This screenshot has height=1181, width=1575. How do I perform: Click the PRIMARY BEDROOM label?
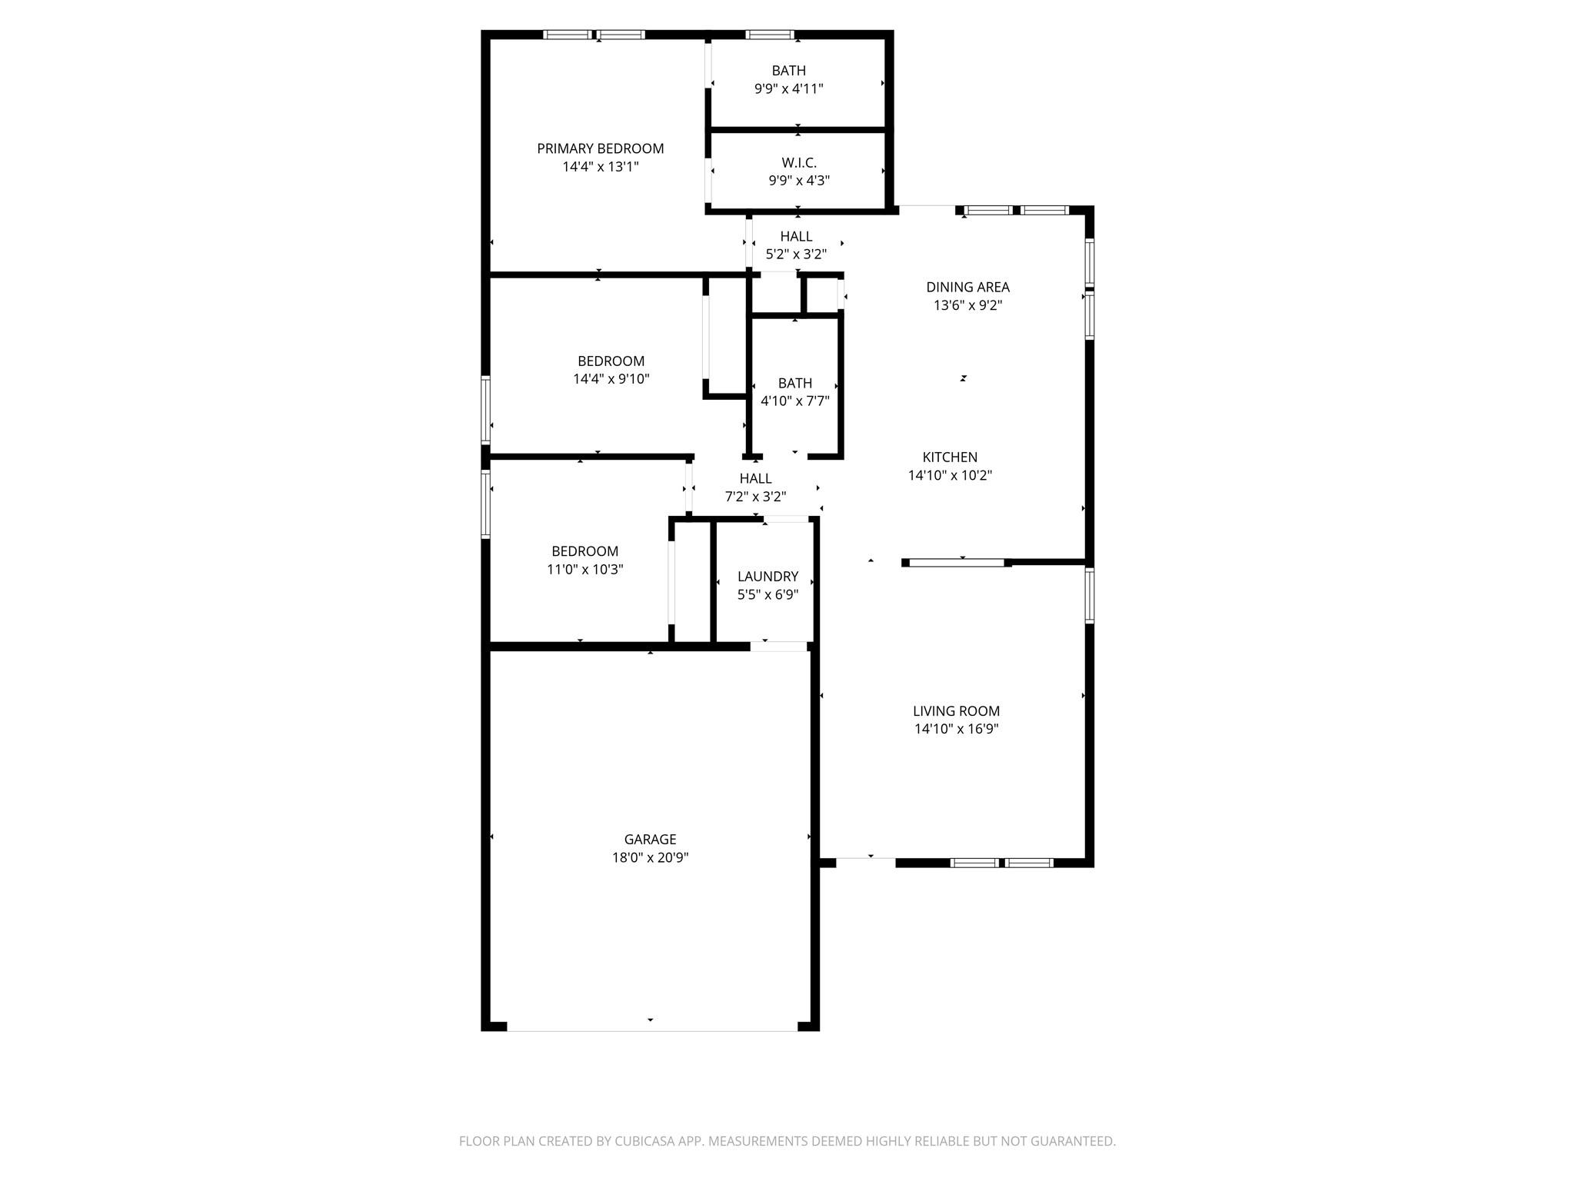click(600, 148)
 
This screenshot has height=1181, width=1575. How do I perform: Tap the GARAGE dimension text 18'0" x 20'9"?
click(650, 857)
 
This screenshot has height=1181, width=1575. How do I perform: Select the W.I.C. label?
click(799, 162)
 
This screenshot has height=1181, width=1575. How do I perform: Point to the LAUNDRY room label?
click(768, 576)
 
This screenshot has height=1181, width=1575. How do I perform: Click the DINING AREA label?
click(967, 287)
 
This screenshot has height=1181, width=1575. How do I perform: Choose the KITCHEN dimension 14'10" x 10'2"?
click(950, 475)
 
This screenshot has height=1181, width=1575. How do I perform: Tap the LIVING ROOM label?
click(956, 711)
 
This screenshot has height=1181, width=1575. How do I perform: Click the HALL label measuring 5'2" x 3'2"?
click(796, 236)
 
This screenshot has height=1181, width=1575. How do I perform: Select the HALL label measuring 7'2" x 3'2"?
click(755, 478)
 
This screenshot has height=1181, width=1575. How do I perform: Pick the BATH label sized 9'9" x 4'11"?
click(788, 71)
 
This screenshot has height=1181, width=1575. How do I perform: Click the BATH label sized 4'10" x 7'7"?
click(794, 383)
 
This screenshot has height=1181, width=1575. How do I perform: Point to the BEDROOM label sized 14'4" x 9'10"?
click(611, 361)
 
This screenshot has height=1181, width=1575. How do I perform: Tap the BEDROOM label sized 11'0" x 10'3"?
click(584, 551)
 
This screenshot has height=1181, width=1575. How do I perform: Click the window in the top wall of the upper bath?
click(770, 35)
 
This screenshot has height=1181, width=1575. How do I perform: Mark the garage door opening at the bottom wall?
click(651, 1028)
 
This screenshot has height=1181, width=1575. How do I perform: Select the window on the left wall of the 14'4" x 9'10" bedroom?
click(485, 409)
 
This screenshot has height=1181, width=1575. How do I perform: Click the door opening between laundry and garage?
click(778, 647)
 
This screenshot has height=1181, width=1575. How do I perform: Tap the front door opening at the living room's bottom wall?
click(866, 863)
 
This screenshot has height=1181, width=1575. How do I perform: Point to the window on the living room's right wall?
click(1090, 595)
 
